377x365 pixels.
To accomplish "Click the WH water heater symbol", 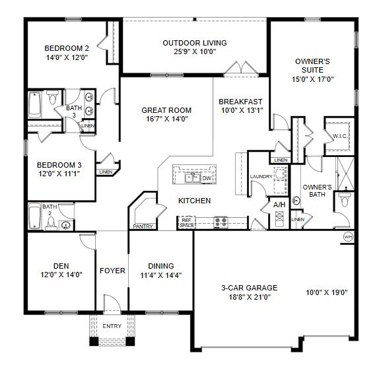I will (x=348, y=236).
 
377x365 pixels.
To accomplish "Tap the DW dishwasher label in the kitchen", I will (x=207, y=178).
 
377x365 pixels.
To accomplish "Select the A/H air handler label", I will (x=280, y=206).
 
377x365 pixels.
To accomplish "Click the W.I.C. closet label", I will (x=340, y=136).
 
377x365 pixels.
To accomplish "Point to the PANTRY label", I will (x=143, y=226).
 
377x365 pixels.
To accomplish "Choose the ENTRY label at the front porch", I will (x=112, y=327).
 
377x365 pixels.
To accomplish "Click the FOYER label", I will (x=112, y=271).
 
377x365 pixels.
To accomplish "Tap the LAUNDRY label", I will (x=261, y=176).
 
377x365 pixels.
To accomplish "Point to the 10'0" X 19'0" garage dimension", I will (x=327, y=292).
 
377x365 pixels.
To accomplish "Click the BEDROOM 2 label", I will (x=67, y=48).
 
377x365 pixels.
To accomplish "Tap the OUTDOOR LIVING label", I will (x=195, y=43).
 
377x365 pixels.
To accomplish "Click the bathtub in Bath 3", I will (x=35, y=104).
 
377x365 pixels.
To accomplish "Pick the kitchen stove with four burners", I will (x=220, y=221).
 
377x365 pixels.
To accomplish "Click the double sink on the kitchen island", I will (x=193, y=178).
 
